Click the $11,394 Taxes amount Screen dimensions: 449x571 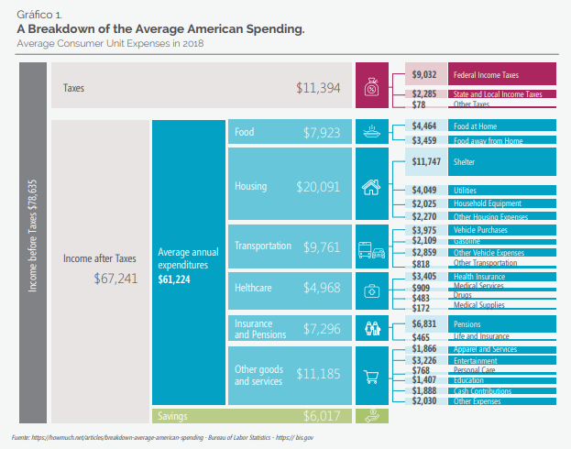(x=318, y=88)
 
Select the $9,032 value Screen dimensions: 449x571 (x=424, y=74)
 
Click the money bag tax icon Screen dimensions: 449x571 (x=371, y=88)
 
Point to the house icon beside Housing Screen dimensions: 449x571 (x=371, y=187)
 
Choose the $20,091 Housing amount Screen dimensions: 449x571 (x=318, y=186)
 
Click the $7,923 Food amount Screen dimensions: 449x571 (x=321, y=133)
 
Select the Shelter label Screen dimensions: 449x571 (x=466, y=161)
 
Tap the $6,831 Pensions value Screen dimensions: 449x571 (x=424, y=323)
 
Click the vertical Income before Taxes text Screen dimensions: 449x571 (x=34, y=237)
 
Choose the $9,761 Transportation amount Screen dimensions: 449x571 (x=321, y=246)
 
